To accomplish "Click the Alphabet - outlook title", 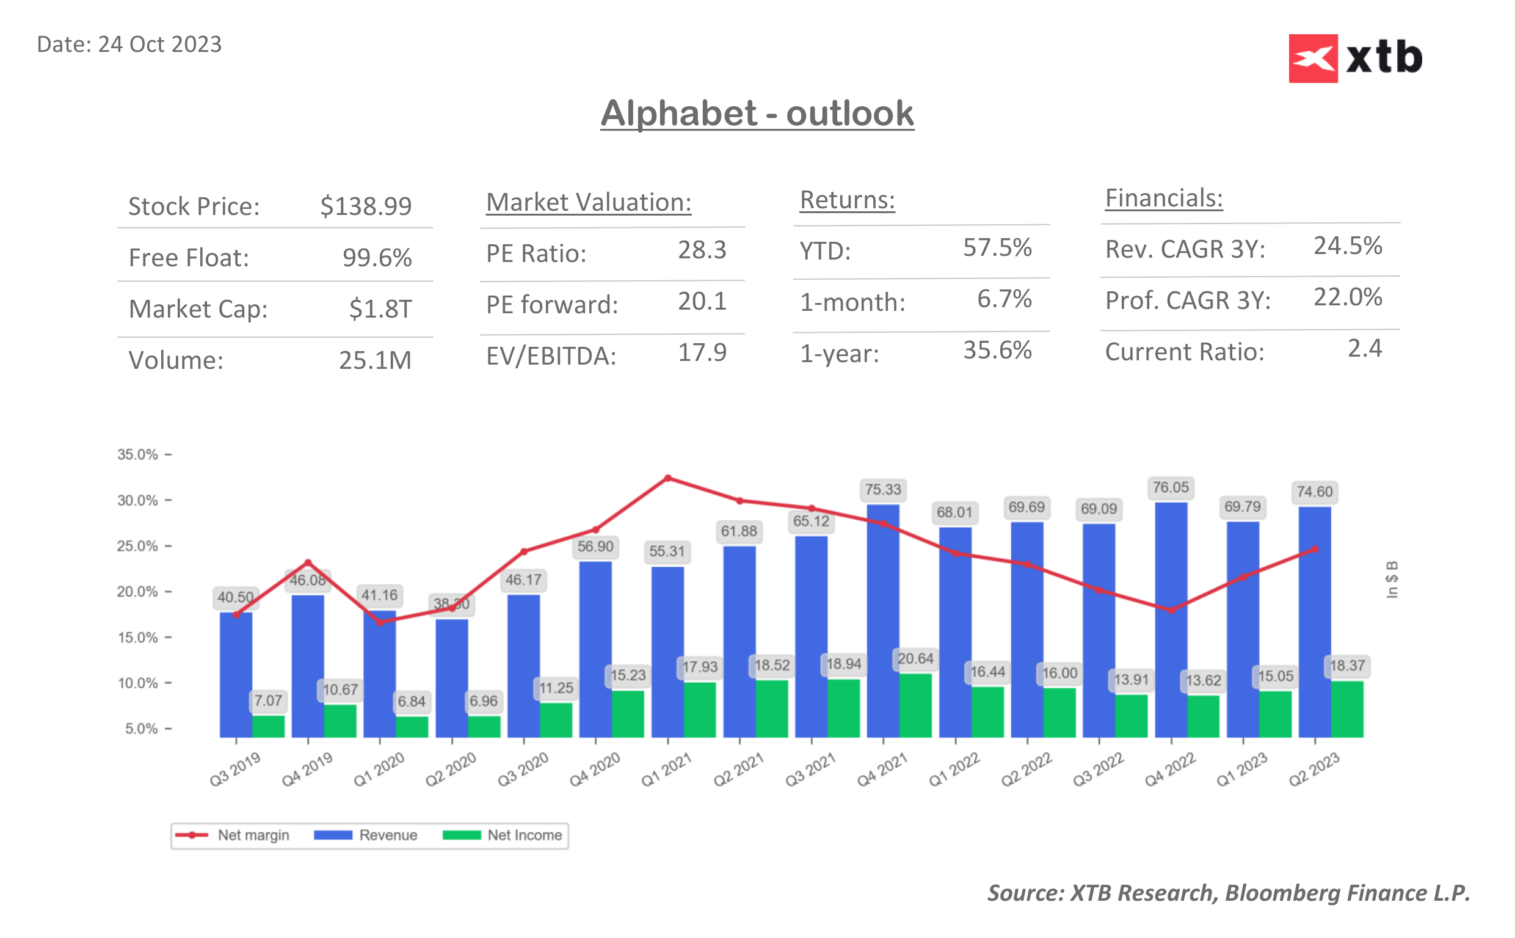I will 757,114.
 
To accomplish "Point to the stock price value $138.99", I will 365,206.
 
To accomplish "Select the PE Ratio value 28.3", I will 702,250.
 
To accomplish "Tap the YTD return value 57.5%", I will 997,247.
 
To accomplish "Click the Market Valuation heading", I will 588,202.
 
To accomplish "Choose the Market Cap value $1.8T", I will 380,308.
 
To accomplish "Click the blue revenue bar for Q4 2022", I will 1170,620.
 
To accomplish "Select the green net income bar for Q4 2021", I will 915,705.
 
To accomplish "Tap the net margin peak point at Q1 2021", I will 667,478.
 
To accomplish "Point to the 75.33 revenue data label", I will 882,490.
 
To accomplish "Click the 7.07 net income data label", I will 268,700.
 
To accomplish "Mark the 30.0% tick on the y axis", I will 137,500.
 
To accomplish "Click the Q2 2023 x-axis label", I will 1313,769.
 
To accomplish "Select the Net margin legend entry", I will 233,835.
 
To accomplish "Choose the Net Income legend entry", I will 504,835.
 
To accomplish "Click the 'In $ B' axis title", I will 1392,580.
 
